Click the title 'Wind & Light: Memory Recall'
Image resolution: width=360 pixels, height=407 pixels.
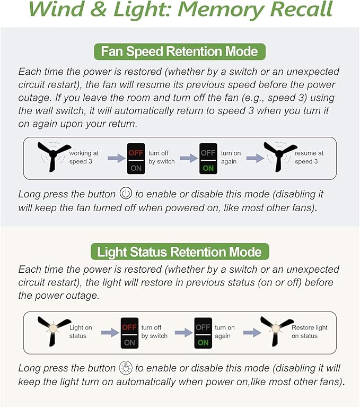(180, 10)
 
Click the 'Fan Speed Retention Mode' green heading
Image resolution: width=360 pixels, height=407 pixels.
(180, 51)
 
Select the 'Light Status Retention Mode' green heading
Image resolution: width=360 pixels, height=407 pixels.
(180, 251)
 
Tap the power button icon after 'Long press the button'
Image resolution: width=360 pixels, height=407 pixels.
(126, 193)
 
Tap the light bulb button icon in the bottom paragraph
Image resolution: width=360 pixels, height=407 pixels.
(125, 367)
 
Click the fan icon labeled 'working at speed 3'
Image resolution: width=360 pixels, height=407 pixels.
(54, 156)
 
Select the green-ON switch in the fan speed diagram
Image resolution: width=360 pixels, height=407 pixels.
(208, 158)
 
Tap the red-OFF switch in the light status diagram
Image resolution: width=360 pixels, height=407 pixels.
(129, 332)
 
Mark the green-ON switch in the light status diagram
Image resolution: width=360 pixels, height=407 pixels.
(203, 332)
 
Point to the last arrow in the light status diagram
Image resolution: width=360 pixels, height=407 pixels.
(251, 332)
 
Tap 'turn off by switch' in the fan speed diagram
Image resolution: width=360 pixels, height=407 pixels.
(161, 157)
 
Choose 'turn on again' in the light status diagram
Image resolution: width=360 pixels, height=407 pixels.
(225, 332)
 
